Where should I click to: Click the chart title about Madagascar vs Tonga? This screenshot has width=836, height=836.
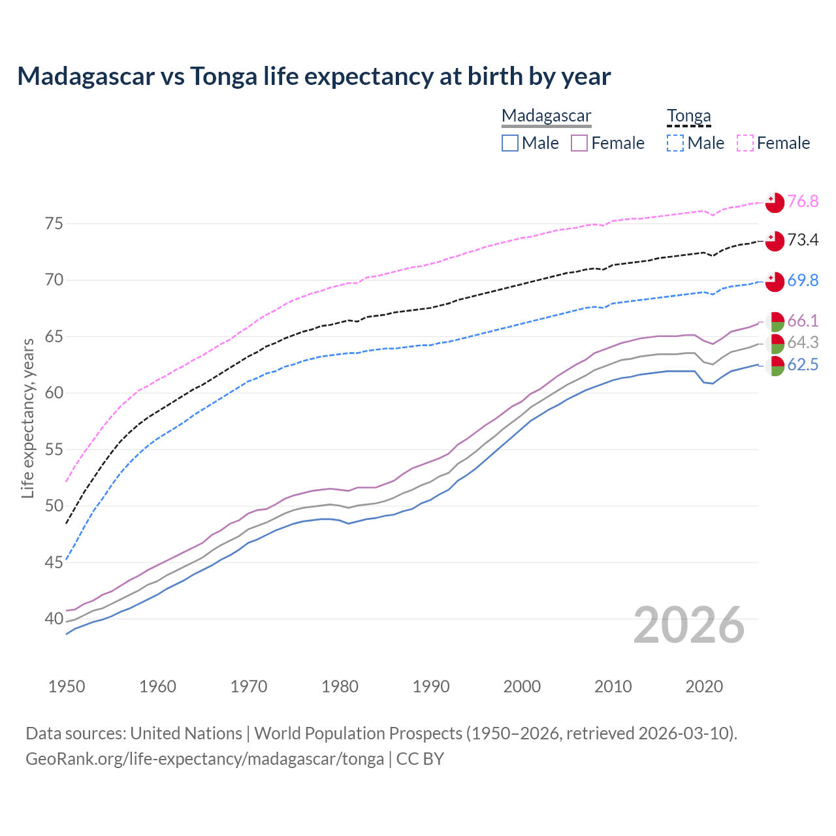pos(313,76)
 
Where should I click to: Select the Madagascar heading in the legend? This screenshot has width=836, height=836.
pos(546,116)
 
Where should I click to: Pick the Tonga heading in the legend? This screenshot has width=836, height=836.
pos(688,116)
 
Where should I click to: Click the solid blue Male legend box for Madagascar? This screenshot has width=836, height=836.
pos(510,143)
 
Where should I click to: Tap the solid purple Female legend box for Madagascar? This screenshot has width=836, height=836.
pos(579,143)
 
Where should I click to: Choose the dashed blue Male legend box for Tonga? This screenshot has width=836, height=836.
pos(675,143)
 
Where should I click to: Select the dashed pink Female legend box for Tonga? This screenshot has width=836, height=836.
pos(745,143)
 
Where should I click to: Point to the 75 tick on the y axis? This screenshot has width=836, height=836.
pos(54,224)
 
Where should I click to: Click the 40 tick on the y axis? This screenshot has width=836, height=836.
pos(54,619)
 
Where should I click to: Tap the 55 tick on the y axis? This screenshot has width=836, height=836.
pos(54,449)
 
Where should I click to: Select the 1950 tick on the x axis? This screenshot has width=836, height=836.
pos(67,686)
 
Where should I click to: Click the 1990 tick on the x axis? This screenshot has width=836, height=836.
pos(431,686)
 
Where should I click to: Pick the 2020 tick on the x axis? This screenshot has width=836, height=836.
pos(704,686)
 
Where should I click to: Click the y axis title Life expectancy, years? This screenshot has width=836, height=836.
pos(27,418)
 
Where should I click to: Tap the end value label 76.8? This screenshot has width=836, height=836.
pos(803,202)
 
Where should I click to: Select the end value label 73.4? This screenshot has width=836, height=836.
pos(803,240)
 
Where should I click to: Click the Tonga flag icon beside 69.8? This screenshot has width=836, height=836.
pos(775,281)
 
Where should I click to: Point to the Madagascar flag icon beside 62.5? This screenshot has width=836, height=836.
pos(775,366)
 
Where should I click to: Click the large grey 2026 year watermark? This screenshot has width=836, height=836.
pos(689,625)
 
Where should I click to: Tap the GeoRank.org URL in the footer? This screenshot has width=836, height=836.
pos(204,759)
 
